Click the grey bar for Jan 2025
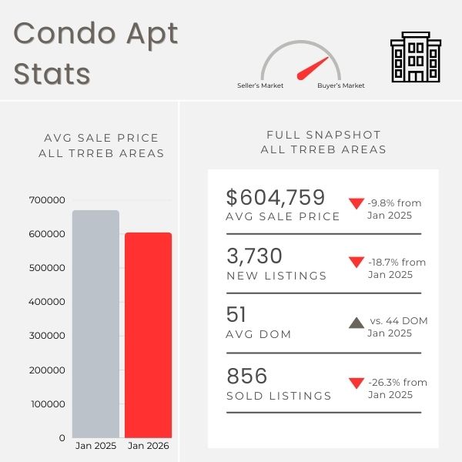point(95,323)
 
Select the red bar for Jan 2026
point(149,335)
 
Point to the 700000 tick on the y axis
point(48,200)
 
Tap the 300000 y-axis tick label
point(48,336)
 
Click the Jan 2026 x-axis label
point(149,445)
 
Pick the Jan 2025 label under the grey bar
point(95,445)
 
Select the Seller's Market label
point(260,85)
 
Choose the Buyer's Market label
point(341,85)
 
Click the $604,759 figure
point(276,197)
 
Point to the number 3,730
point(255,256)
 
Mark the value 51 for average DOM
point(237,315)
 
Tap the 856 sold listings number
point(247,376)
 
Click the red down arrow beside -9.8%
point(356,204)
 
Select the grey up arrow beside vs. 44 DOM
point(356,323)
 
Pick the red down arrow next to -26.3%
point(356,383)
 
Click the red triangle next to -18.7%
point(356,263)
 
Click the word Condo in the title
point(60,34)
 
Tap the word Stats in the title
point(52,74)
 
